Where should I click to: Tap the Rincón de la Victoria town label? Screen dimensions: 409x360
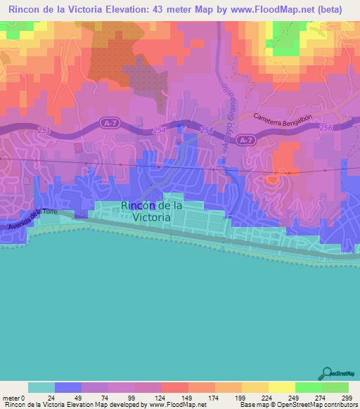tap(152, 212)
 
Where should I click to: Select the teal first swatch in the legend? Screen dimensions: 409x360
tap(41, 387)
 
